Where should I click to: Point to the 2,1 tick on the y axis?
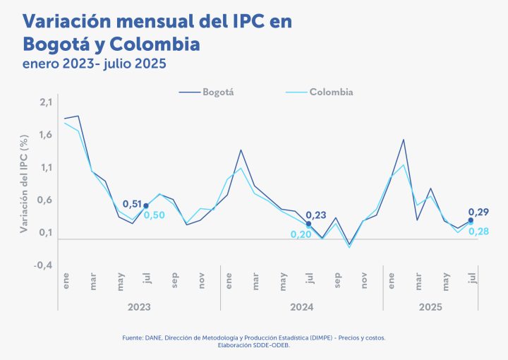point(46,102)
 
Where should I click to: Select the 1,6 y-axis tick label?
point(46,135)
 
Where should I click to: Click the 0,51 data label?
point(132,204)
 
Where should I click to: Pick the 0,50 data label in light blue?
point(155,215)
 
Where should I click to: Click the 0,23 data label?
point(315,215)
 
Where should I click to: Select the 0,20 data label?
point(301,234)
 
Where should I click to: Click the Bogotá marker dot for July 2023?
point(146,206)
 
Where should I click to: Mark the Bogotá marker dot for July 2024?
point(309,224)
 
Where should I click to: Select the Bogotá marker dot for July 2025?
point(471,220)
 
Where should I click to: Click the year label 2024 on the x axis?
point(302,307)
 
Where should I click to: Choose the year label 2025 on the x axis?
point(430,307)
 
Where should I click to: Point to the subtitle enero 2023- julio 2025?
point(94,64)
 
